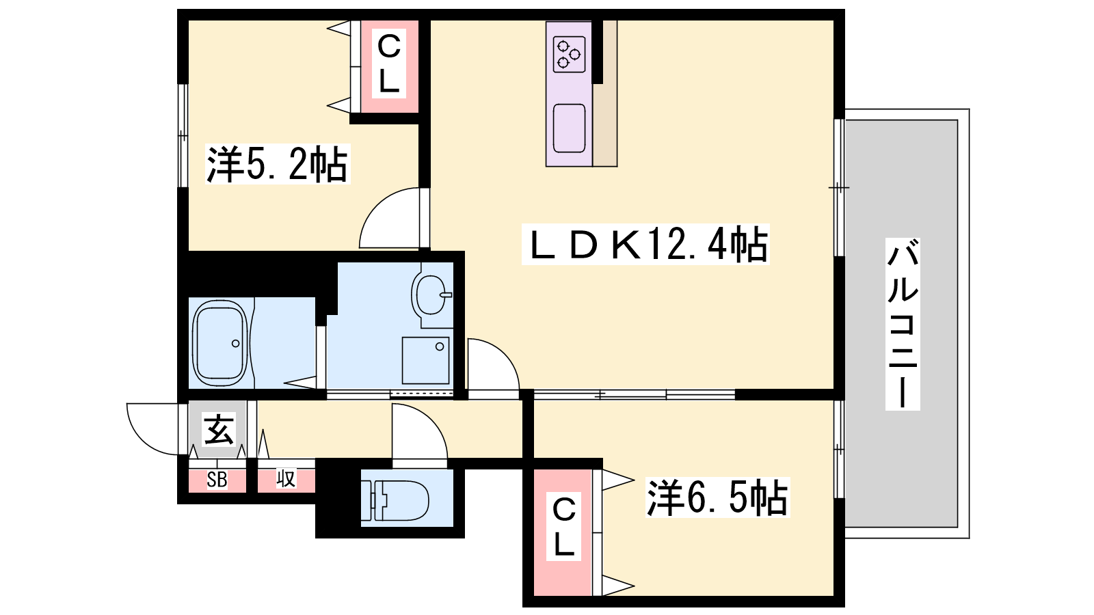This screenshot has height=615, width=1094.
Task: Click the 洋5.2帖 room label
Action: pos(278,164)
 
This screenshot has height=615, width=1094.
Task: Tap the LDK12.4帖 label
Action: pos(645,244)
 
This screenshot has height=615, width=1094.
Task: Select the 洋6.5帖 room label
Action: pos(717,497)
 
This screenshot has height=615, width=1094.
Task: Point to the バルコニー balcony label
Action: pos(903,324)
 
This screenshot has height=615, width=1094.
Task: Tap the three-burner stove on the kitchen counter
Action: pos(569,55)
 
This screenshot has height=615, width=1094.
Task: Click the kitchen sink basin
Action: pos(569,128)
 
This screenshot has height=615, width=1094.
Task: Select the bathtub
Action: pos(219,343)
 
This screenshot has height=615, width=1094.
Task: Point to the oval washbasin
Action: pos(429,295)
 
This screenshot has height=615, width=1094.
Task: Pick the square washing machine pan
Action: pos(425,360)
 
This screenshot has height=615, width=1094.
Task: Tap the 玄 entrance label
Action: pos(218,430)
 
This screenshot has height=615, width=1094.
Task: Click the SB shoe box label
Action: pos(217,480)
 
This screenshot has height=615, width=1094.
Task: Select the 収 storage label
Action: pos(286,479)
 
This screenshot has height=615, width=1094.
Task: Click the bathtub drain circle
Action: pos(236,344)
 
